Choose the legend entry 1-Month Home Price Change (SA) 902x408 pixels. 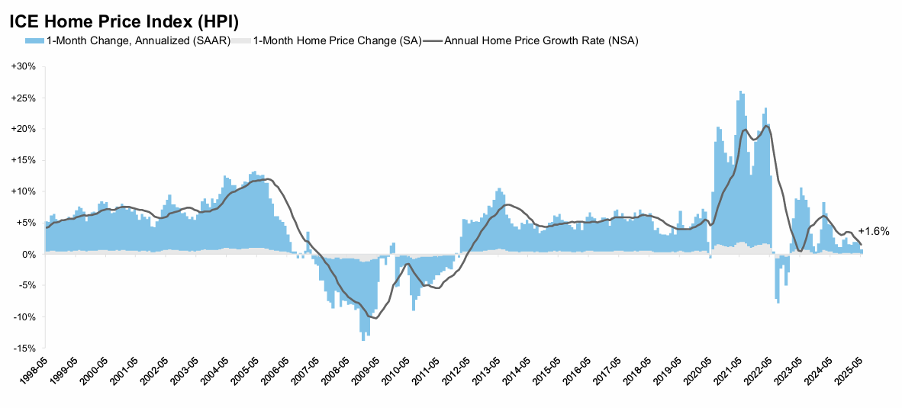[x=337, y=40]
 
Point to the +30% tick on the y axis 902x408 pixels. [x=24, y=66]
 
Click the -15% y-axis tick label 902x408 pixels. [x=24, y=348]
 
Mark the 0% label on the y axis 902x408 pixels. [x=28, y=254]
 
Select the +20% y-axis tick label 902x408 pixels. [x=24, y=129]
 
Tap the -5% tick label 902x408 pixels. [x=27, y=285]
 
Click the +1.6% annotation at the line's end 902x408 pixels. [x=874, y=231]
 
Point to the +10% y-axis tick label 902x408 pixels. [x=24, y=191]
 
